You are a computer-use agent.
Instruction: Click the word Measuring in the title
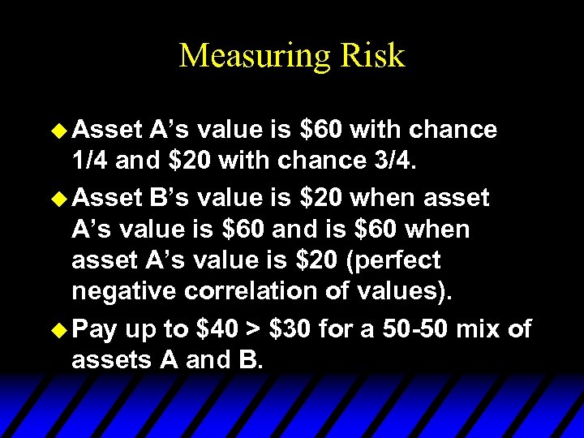point(247,56)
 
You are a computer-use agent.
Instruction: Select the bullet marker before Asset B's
point(60,197)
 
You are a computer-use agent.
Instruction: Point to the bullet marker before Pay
point(60,328)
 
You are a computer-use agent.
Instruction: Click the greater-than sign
point(257,328)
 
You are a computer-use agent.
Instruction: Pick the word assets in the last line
point(113,361)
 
